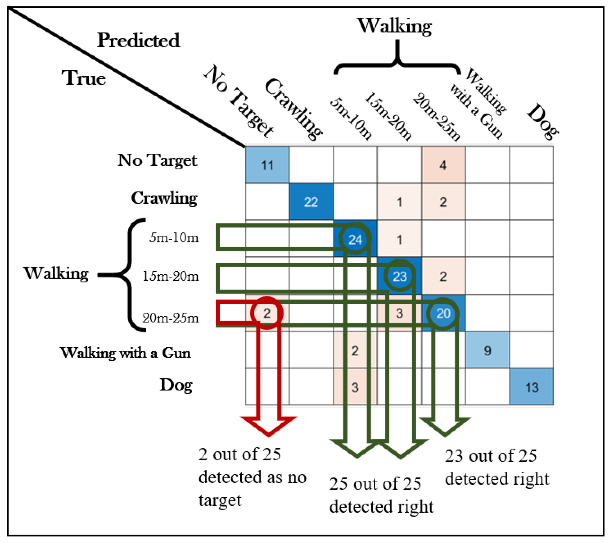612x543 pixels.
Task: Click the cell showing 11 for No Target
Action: pyautogui.click(x=267, y=165)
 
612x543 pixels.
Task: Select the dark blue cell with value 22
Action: pyautogui.click(x=311, y=202)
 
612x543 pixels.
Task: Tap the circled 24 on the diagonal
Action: pyautogui.click(x=355, y=239)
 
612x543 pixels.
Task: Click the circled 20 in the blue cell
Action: pyautogui.click(x=443, y=313)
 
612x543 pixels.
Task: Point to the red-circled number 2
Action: pyautogui.click(x=267, y=313)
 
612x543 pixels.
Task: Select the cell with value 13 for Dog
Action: pyautogui.click(x=532, y=387)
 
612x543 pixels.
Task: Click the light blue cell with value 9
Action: pyautogui.click(x=487, y=350)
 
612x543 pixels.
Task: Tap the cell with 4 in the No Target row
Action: pyautogui.click(x=443, y=165)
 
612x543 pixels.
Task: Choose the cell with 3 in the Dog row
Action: pyautogui.click(x=355, y=387)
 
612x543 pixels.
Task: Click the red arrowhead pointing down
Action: pyautogui.click(x=269, y=426)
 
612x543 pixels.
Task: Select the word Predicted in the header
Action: pyautogui.click(x=138, y=40)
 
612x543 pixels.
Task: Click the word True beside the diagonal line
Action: pyautogui.click(x=84, y=78)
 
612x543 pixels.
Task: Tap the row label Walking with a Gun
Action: pyautogui.click(x=125, y=353)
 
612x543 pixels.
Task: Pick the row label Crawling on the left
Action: pyautogui.click(x=164, y=198)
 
